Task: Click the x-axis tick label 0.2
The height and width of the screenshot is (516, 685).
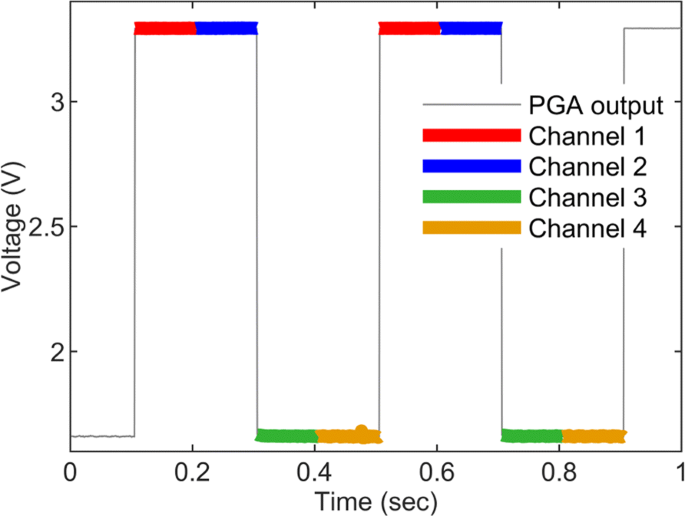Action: (x=192, y=471)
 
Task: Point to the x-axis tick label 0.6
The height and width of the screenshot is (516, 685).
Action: (x=436, y=471)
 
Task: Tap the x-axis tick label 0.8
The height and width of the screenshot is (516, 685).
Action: (x=559, y=471)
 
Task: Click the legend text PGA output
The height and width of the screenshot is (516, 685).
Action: (x=596, y=104)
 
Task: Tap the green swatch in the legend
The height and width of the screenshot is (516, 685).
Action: (x=471, y=196)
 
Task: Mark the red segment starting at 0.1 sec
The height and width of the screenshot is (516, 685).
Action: (x=165, y=28)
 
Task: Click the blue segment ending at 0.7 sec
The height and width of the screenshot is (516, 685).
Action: (x=470, y=28)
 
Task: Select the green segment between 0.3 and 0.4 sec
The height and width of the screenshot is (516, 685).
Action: (x=287, y=436)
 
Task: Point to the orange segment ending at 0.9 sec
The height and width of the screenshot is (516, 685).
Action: (x=593, y=436)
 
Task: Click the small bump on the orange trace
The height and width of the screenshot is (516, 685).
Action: (x=361, y=430)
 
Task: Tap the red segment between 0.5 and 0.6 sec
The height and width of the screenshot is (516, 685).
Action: (x=409, y=28)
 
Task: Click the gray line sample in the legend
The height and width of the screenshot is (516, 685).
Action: (x=471, y=104)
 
